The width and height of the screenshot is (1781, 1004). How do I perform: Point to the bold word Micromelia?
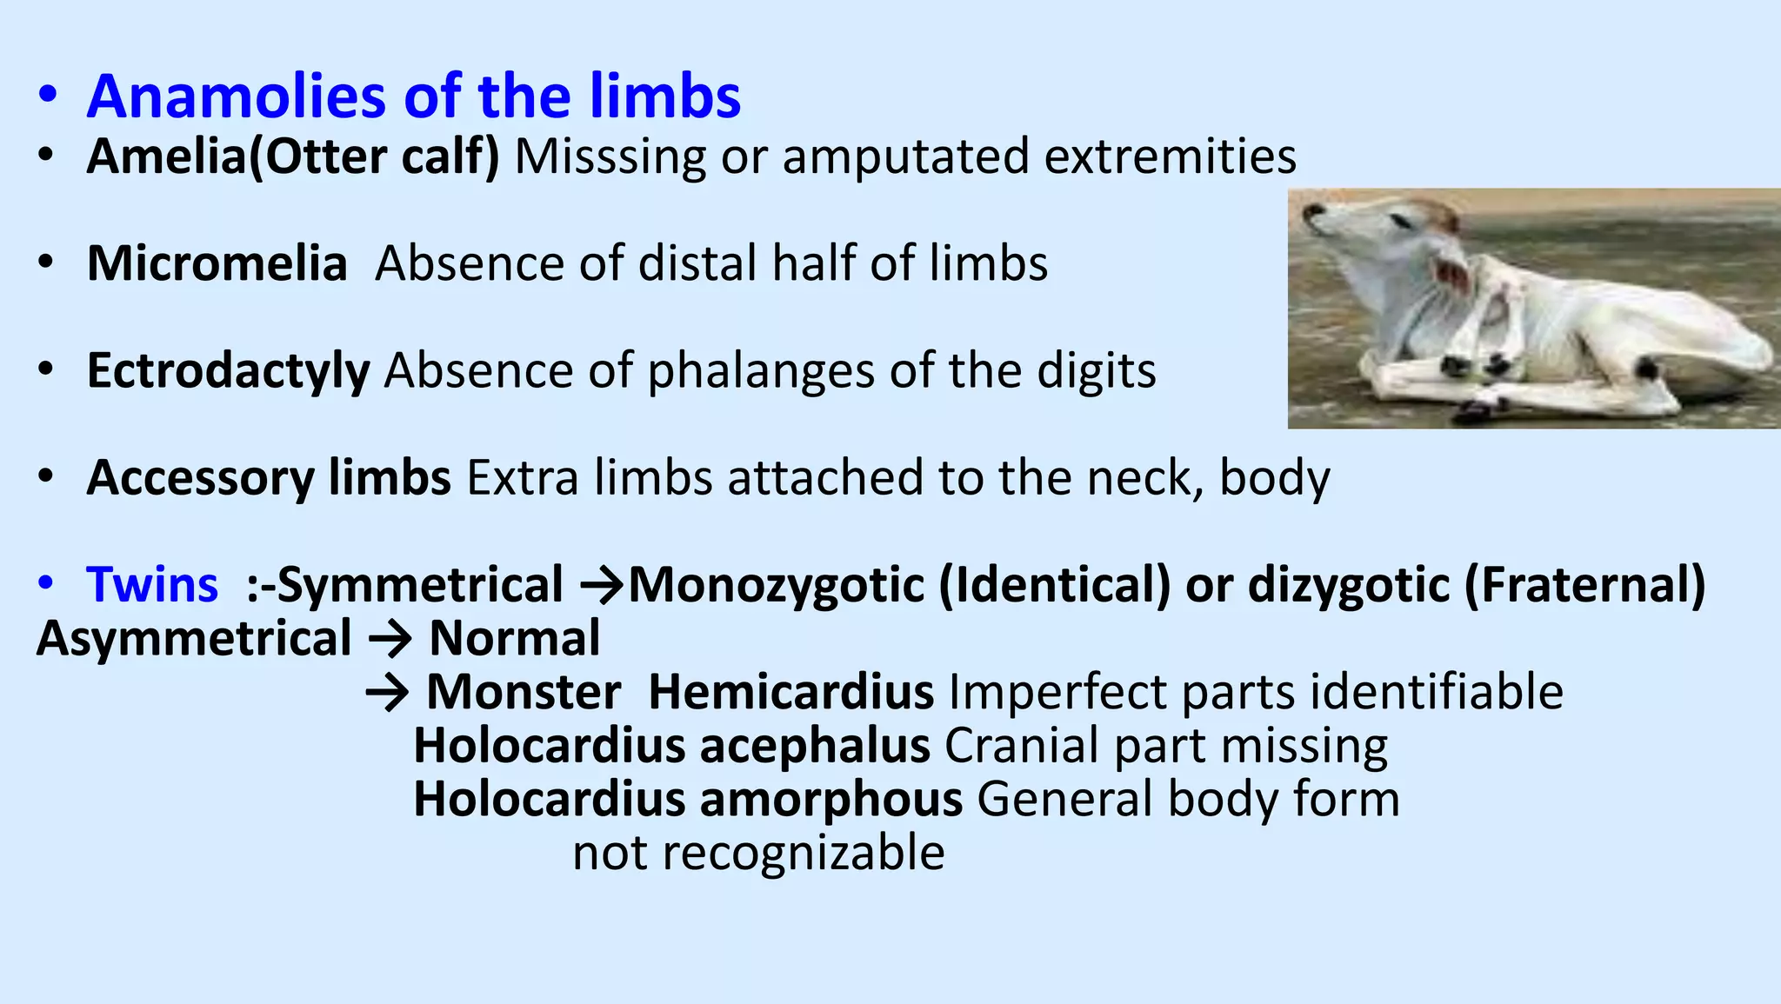pos(217,263)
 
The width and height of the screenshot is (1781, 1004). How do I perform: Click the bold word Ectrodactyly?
pos(228,371)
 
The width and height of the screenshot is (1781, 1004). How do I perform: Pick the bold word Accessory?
pos(200,478)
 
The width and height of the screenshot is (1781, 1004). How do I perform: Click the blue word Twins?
pos(152,584)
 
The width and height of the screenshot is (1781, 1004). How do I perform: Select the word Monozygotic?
pos(776,584)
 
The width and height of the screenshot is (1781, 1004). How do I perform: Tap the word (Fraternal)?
pos(1584,584)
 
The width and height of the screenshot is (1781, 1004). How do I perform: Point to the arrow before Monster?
pos(387,694)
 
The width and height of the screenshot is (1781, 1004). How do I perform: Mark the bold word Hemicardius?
pos(790,693)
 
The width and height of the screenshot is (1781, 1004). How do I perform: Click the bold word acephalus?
pos(815,746)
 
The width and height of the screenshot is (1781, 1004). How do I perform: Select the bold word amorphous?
pos(830,800)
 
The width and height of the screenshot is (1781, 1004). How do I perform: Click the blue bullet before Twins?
pos(47,583)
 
